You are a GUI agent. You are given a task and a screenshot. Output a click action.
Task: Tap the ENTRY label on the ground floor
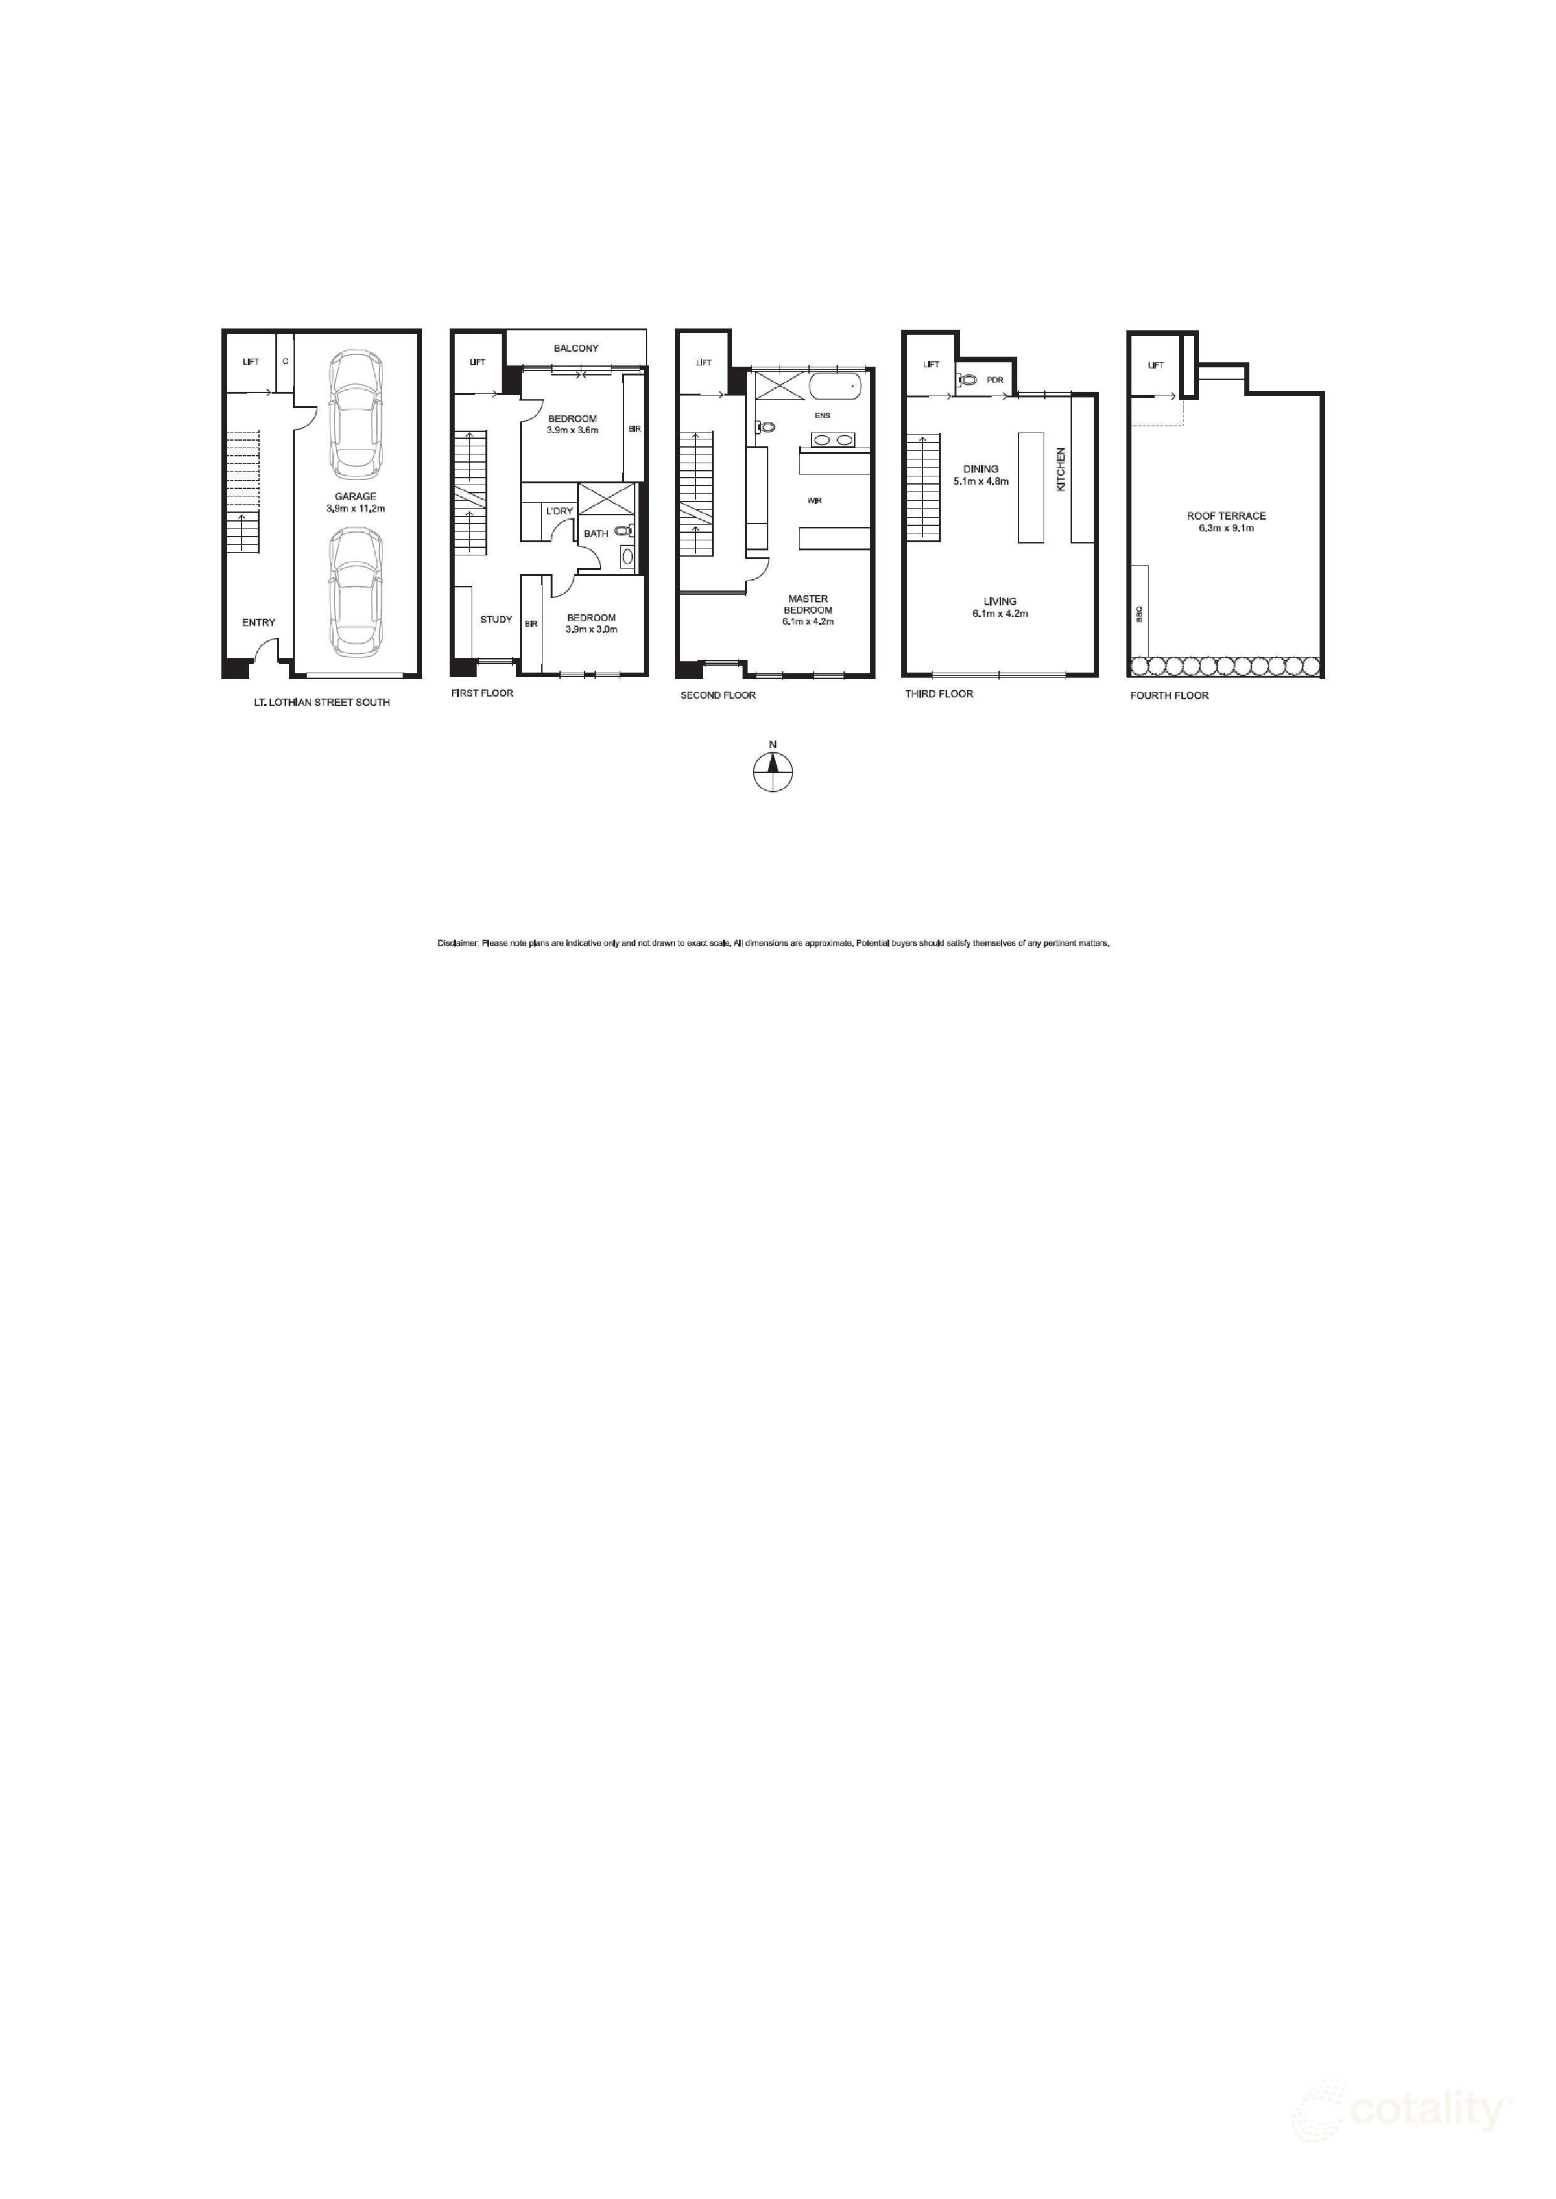pyautogui.click(x=258, y=622)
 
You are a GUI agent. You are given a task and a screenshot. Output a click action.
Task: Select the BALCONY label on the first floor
pyautogui.click(x=576, y=349)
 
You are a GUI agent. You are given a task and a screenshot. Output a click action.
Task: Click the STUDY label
pyautogui.click(x=496, y=620)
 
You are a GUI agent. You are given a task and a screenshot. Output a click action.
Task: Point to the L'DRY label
pyautogui.click(x=559, y=512)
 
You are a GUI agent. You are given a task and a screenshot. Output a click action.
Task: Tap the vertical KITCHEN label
pyautogui.click(x=1061, y=470)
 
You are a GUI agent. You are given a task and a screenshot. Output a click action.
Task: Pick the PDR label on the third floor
pyautogui.click(x=995, y=380)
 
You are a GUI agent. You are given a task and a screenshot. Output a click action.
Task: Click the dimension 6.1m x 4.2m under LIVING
pyautogui.click(x=999, y=614)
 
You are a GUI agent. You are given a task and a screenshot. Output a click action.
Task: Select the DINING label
pyautogui.click(x=980, y=470)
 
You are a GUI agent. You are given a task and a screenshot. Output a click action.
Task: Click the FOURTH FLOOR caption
pyautogui.click(x=1169, y=695)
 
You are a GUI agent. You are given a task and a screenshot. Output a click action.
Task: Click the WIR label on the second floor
pyautogui.click(x=815, y=501)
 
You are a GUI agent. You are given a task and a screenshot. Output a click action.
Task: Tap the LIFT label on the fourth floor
pyautogui.click(x=1155, y=365)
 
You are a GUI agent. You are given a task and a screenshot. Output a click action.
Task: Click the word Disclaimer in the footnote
pyautogui.click(x=458, y=943)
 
